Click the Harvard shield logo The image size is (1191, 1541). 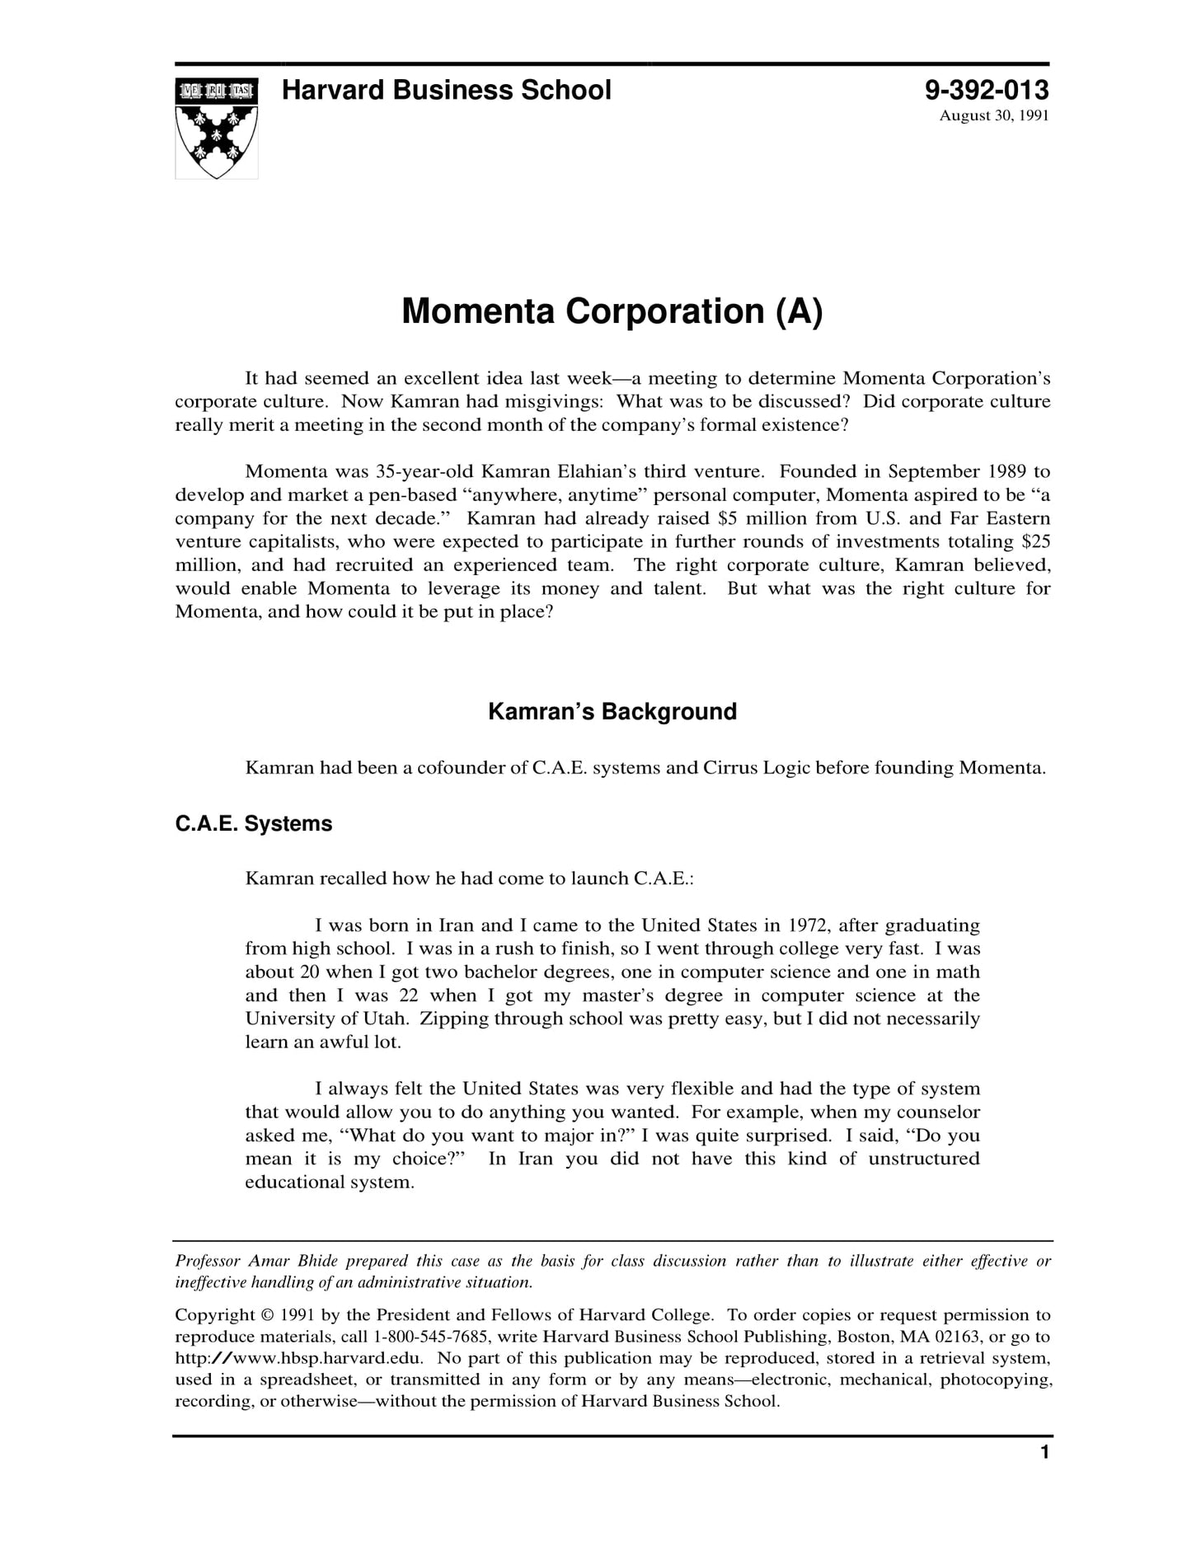pos(216,128)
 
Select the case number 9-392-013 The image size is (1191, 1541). pos(987,90)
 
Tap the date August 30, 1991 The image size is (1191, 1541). pos(994,115)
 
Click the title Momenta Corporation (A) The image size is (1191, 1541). pos(612,311)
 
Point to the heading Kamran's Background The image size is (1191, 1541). pos(612,711)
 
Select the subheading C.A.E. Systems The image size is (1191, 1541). pos(254,823)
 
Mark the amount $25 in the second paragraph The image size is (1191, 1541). pos(1035,541)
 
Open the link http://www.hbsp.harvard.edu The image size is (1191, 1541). pos(299,1358)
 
